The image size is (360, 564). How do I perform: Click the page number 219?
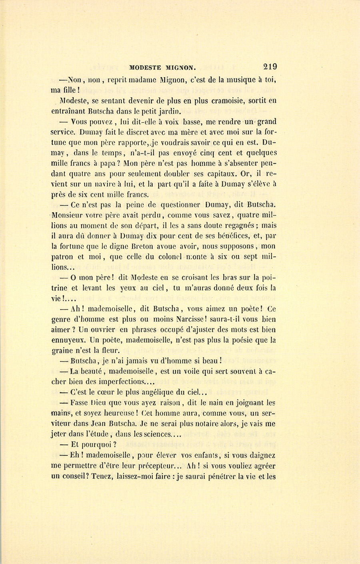pyautogui.click(x=270, y=67)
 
